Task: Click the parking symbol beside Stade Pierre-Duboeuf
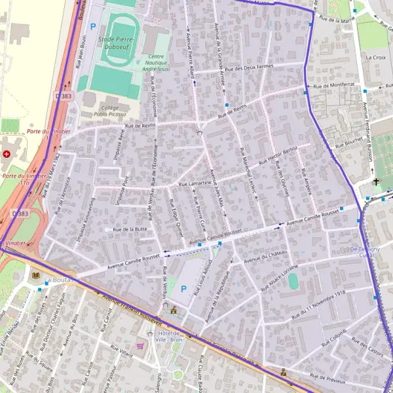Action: click(93, 27)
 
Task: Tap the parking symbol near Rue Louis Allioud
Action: click(183, 288)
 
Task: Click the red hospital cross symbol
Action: click(7, 155)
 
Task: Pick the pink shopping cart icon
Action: click(140, 345)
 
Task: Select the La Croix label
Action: click(376, 58)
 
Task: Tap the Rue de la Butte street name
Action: click(130, 230)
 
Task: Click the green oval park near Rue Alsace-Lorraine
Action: click(293, 280)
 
